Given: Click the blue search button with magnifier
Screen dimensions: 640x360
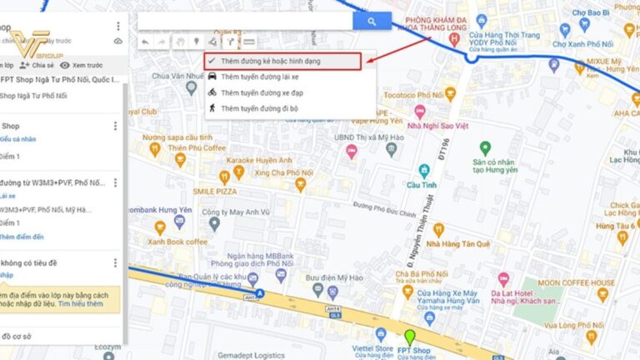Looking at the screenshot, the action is point(372,22).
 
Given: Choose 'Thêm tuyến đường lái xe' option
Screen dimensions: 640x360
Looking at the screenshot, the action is point(259,77).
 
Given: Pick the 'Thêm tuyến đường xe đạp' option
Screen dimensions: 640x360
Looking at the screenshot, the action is point(259,92).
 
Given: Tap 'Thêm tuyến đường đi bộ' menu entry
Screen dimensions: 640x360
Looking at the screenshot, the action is point(259,108).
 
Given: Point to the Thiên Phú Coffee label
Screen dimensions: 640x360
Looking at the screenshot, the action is point(200,147).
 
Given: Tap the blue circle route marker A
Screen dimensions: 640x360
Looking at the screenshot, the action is point(261,293).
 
